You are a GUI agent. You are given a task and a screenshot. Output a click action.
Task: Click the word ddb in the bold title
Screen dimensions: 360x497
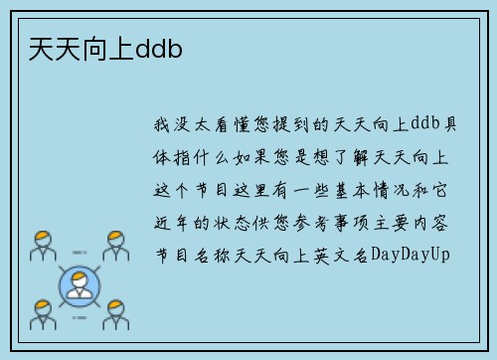tap(159, 48)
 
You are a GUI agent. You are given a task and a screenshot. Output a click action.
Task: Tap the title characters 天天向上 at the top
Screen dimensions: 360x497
tap(76, 48)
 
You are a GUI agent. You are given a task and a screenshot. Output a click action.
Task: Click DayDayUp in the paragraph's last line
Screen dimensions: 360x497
tap(411, 255)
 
